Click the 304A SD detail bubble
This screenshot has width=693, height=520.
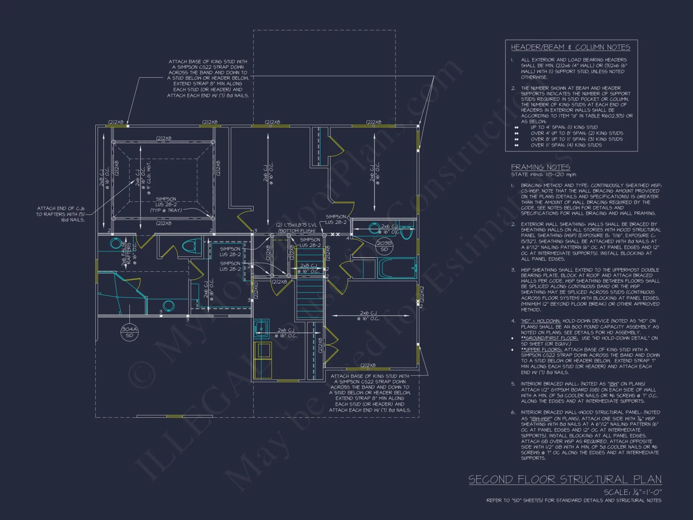click(x=129, y=332)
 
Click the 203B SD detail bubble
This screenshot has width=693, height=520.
click(x=384, y=246)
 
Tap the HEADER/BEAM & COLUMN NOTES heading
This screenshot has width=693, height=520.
click(x=570, y=47)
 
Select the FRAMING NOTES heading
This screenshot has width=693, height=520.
click(x=540, y=167)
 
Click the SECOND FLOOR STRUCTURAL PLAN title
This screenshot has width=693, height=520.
click(x=565, y=479)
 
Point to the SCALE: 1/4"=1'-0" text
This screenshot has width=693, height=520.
click(x=632, y=492)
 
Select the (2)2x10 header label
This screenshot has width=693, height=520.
click(x=256, y=291)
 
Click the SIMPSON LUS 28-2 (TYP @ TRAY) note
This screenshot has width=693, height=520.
click(x=166, y=205)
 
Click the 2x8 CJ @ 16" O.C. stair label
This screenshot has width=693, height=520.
click(x=308, y=268)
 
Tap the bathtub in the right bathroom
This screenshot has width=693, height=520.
click(x=397, y=268)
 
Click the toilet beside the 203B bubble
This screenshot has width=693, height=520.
click(x=406, y=230)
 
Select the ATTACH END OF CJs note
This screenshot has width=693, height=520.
click(x=61, y=214)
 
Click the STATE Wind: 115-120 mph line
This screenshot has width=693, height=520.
click(x=543, y=175)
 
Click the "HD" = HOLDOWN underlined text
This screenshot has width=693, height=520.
click(x=541, y=321)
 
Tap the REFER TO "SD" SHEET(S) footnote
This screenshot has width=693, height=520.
click(x=574, y=500)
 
